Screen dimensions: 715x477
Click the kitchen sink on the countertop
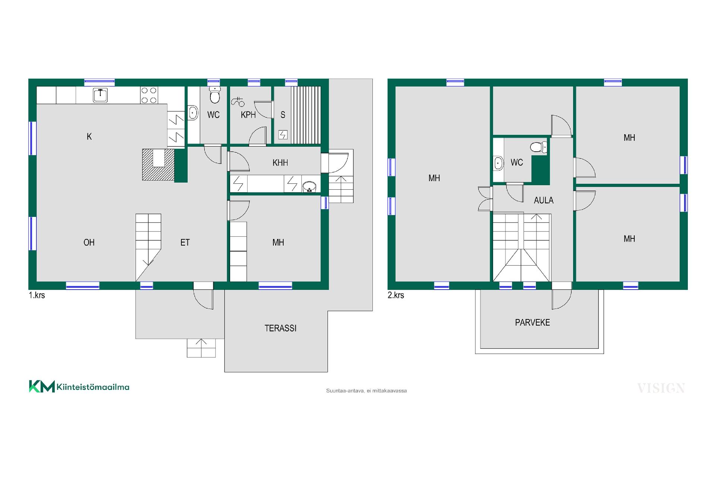click(x=100, y=95)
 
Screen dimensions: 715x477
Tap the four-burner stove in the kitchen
click(x=149, y=95)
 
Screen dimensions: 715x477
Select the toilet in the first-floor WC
click(x=214, y=95)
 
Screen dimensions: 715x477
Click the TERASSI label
click(x=280, y=328)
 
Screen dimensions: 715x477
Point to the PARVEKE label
click(x=533, y=323)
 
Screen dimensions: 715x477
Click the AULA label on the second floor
click(x=544, y=200)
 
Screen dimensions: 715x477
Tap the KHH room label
click(x=280, y=163)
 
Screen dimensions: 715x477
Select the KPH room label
click(x=248, y=115)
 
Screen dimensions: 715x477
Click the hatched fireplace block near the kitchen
click(x=158, y=165)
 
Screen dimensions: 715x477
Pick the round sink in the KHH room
click(x=309, y=186)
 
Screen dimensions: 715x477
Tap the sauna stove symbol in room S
click(x=283, y=135)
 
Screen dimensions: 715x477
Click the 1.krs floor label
click(x=37, y=295)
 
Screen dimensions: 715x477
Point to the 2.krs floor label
click(x=396, y=295)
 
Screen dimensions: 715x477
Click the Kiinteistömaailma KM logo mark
click(x=42, y=386)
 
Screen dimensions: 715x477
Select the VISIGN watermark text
click(x=661, y=388)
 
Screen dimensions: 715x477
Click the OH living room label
click(x=89, y=243)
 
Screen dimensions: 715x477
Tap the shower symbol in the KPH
click(x=238, y=101)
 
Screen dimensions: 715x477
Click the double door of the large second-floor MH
click(x=484, y=199)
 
